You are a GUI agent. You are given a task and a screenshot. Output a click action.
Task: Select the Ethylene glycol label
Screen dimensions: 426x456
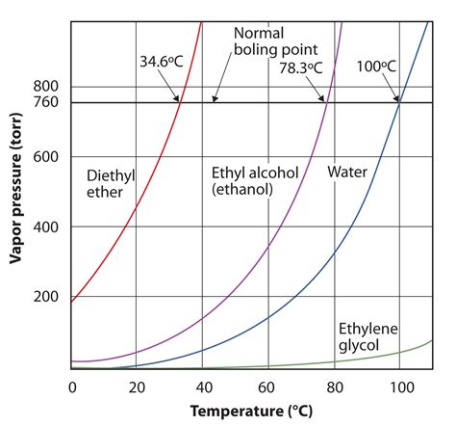[367, 336]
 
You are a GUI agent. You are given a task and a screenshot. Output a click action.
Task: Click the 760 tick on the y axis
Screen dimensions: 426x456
[47, 102]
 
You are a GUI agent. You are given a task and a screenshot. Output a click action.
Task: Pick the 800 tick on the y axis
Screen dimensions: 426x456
[47, 86]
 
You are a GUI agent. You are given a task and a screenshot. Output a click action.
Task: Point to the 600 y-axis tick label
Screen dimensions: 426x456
[47, 157]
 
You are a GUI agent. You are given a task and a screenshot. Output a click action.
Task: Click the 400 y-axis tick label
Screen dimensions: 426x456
[47, 226]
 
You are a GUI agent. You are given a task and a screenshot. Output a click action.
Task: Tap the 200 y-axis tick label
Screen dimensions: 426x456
[47, 297]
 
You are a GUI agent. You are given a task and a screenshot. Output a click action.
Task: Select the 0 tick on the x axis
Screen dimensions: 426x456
[72, 386]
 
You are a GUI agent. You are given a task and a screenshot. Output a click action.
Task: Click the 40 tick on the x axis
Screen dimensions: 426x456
[202, 386]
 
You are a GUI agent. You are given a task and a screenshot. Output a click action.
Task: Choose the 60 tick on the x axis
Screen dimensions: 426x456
[267, 386]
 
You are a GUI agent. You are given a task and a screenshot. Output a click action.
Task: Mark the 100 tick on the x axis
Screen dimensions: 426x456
[398, 386]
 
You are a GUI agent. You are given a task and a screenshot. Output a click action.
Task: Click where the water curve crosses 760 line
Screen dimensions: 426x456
[398, 102]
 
